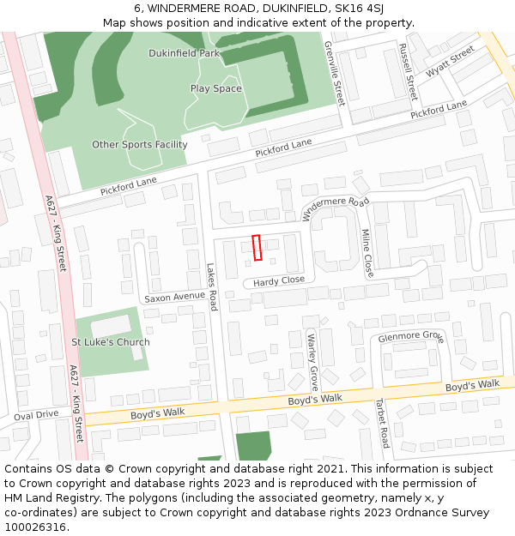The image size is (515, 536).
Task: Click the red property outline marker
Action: [x=257, y=247]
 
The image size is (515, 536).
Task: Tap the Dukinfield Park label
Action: [x=185, y=53]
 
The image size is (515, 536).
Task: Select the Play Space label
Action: [x=215, y=88]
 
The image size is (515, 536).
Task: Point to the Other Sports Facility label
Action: [x=139, y=144]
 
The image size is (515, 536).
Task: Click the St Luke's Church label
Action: [x=110, y=342]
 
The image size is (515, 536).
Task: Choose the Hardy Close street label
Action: [x=278, y=280]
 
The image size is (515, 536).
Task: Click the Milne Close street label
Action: [x=367, y=252]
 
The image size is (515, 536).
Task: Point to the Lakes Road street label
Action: [x=212, y=286]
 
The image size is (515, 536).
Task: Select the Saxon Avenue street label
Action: [x=174, y=298]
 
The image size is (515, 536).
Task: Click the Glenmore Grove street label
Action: [x=410, y=337]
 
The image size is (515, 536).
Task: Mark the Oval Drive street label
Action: [x=36, y=414]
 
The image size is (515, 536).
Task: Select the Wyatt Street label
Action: [x=450, y=61]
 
